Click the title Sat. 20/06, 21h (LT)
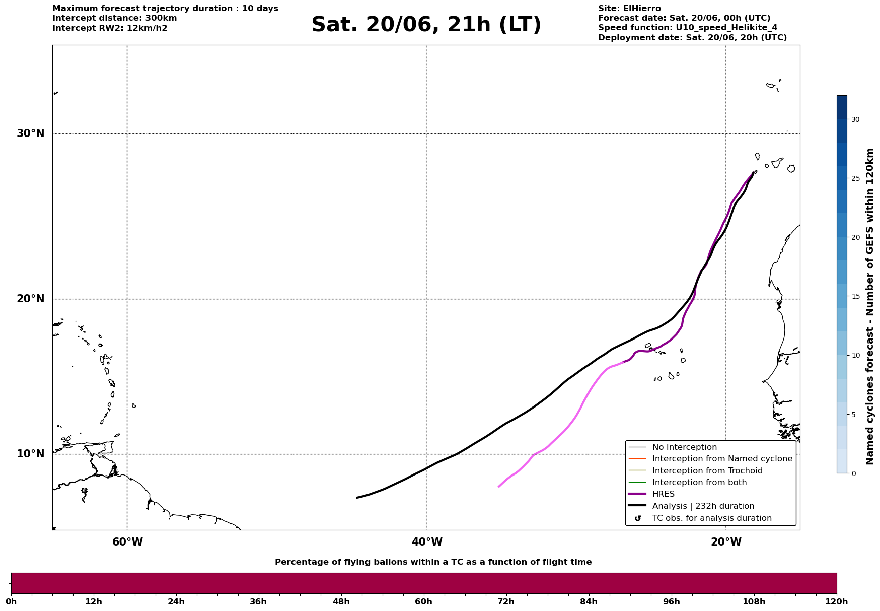(426, 25)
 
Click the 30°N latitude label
(31, 133)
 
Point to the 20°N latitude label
(31, 299)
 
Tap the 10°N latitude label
(31, 454)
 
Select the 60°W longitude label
(127, 542)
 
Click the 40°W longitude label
(427, 542)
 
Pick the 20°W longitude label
(726, 542)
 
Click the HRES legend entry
(663, 494)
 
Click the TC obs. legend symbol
(638, 518)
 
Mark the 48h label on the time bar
(341, 601)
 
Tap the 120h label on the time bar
(837, 601)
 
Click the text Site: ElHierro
(629, 9)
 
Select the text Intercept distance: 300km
(115, 18)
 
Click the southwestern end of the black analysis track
(357, 498)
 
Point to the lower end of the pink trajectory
(498, 487)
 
